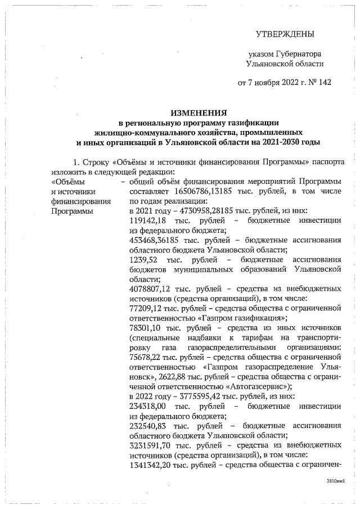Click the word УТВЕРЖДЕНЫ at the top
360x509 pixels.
point(285,35)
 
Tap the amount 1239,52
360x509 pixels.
point(142,259)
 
